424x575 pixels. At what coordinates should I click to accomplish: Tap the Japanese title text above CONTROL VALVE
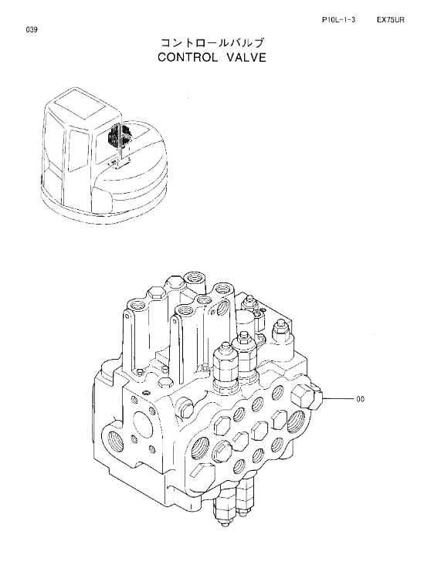[212, 43]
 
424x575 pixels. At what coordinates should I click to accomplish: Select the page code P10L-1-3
[338, 20]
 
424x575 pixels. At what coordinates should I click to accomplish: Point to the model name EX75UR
[391, 20]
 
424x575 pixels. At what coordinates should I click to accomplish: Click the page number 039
[32, 30]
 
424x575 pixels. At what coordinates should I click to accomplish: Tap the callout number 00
[361, 398]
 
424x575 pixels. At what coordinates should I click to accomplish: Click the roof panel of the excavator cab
[82, 103]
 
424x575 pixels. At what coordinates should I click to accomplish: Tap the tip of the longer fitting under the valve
[223, 527]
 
